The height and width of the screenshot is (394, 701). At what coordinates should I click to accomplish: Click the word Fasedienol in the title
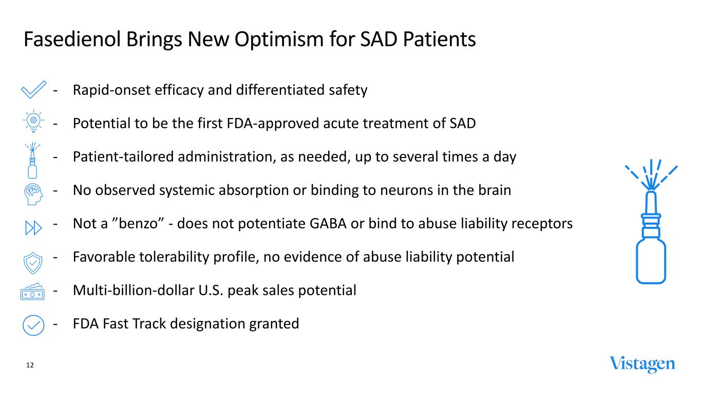click(72, 40)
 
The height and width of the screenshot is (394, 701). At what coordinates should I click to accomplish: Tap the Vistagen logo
click(642, 365)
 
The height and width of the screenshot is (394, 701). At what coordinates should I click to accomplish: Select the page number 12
click(30, 365)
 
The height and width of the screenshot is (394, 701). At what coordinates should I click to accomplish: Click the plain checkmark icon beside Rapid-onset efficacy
click(33, 90)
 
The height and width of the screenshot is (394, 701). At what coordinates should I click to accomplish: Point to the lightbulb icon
click(33, 121)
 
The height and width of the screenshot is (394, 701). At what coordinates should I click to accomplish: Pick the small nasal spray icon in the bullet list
click(32, 161)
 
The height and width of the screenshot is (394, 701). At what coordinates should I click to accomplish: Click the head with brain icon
click(33, 194)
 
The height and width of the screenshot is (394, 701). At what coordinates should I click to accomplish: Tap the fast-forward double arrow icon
click(33, 228)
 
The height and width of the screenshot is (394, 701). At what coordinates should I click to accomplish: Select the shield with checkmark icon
click(33, 263)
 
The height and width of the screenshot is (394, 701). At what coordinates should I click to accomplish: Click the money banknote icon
click(32, 292)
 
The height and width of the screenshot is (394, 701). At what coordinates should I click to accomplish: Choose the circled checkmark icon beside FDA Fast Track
click(33, 326)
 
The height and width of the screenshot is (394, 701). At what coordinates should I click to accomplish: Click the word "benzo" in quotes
click(138, 224)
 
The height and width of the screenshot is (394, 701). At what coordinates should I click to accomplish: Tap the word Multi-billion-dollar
click(134, 290)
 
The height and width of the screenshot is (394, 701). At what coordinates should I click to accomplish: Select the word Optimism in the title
click(279, 40)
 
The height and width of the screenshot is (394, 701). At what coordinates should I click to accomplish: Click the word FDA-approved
click(273, 124)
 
